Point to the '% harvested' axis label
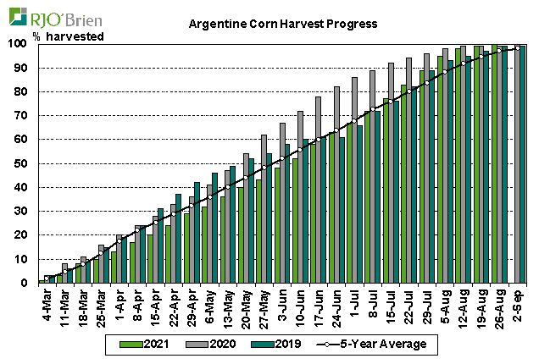point(68,36)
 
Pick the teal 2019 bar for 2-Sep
point(523,164)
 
